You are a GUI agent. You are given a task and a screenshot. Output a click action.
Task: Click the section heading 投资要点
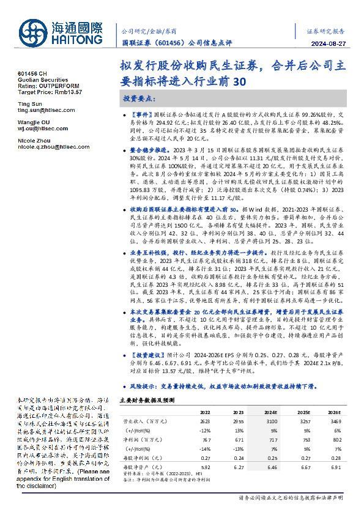tap(139, 98)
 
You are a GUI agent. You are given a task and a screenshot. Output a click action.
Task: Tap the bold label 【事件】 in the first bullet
tap(143, 114)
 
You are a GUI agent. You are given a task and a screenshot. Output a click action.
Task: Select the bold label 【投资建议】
tap(145, 355)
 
